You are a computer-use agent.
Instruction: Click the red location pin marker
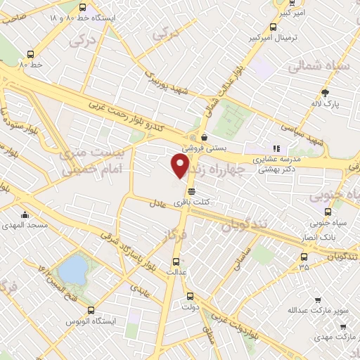181,165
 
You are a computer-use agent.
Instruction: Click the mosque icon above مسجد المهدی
25,215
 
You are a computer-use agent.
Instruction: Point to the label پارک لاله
326,103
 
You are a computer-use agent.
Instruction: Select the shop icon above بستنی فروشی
204,137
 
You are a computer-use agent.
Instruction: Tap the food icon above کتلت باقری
191,191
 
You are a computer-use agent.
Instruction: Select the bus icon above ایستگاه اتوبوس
91,310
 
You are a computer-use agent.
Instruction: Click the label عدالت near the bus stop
176,271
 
